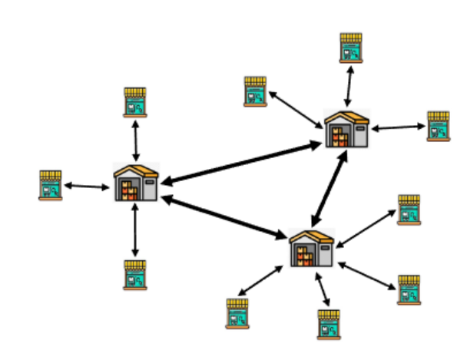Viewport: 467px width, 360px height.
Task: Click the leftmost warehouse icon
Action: click(136, 183)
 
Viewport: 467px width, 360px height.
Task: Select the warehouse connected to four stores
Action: click(311, 247)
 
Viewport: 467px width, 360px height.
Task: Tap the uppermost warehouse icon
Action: click(346, 129)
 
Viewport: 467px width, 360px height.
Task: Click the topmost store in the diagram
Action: click(351, 47)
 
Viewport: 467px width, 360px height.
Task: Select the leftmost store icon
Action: click(51, 185)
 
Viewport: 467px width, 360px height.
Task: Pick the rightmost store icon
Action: click(438, 126)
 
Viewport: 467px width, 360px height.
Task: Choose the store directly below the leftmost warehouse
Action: click(135, 274)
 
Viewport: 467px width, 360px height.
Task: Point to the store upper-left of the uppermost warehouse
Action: click(255, 91)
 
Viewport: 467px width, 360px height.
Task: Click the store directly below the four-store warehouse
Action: click(329, 324)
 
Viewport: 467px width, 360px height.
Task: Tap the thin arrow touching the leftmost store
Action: click(86, 186)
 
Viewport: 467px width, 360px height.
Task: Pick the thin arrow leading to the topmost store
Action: click(349, 85)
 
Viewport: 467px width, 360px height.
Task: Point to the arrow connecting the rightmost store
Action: click(398, 127)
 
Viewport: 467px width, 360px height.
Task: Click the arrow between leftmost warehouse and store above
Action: click(135, 140)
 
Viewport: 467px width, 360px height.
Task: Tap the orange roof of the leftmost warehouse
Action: click(136, 170)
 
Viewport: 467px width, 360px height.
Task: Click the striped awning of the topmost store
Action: click(351, 37)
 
